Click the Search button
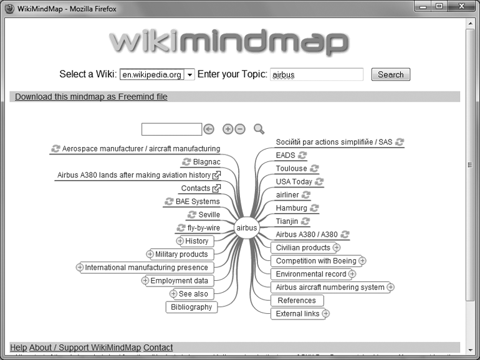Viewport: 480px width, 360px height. pyautogui.click(x=391, y=75)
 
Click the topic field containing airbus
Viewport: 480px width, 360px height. pyautogui.click(x=316, y=75)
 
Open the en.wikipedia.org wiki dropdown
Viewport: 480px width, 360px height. pyautogui.click(x=190, y=75)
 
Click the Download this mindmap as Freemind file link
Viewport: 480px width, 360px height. pyautogui.click(x=91, y=97)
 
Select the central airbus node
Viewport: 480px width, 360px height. pyautogui.click(x=247, y=228)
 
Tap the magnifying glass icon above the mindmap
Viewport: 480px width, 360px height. pyautogui.click(x=259, y=129)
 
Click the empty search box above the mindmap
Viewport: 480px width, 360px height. pyautogui.click(x=171, y=129)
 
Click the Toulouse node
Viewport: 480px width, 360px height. pyautogui.click(x=292, y=168)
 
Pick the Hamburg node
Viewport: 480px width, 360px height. pyautogui.click(x=292, y=208)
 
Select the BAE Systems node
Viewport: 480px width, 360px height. pyautogui.click(x=198, y=202)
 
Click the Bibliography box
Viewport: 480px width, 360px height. pyautogui.click(x=191, y=307)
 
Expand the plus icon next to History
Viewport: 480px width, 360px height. pyautogui.click(x=180, y=241)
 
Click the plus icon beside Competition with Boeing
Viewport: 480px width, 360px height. pyautogui.click(x=362, y=261)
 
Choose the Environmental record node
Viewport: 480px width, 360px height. pyautogui.click(x=310, y=274)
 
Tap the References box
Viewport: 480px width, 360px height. pyautogui.click(x=297, y=300)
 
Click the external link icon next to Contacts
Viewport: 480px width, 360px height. pyautogui.click(x=217, y=188)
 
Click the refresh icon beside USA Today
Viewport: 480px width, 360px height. pyautogui.click(x=319, y=182)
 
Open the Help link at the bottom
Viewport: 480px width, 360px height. pyautogui.click(x=19, y=348)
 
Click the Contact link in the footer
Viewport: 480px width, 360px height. pyautogui.click(x=158, y=348)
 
